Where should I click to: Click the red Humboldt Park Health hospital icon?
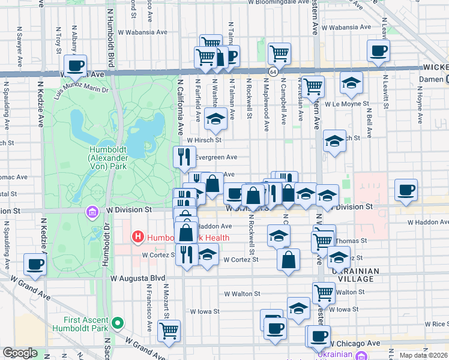[x=138, y=237]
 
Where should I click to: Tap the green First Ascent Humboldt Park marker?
[x=118, y=324]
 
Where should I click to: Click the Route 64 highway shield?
[x=273, y=72]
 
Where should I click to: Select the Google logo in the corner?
[x=20, y=353]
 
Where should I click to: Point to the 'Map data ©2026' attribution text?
[x=423, y=355]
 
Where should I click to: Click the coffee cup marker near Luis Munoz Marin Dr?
[x=76, y=66]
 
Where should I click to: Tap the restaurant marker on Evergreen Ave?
[x=184, y=157]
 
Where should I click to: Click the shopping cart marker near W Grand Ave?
[x=169, y=331]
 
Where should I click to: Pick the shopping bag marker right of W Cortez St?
[x=289, y=260]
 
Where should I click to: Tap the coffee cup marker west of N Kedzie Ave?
[x=35, y=265]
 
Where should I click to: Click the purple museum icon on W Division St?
[x=91, y=212]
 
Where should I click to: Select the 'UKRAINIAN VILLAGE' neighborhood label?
[x=355, y=276]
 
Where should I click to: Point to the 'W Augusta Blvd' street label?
[x=137, y=278]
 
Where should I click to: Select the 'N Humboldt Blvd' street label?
[x=110, y=30]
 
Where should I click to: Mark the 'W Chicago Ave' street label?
[x=354, y=343]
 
